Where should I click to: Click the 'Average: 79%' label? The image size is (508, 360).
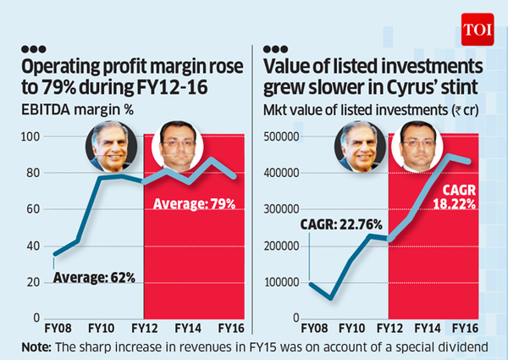point(194,202)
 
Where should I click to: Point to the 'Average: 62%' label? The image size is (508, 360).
point(94,277)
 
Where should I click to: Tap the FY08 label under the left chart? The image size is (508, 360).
point(58,325)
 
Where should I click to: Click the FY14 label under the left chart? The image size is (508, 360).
point(187,325)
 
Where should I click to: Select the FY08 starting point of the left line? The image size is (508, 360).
point(55,254)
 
